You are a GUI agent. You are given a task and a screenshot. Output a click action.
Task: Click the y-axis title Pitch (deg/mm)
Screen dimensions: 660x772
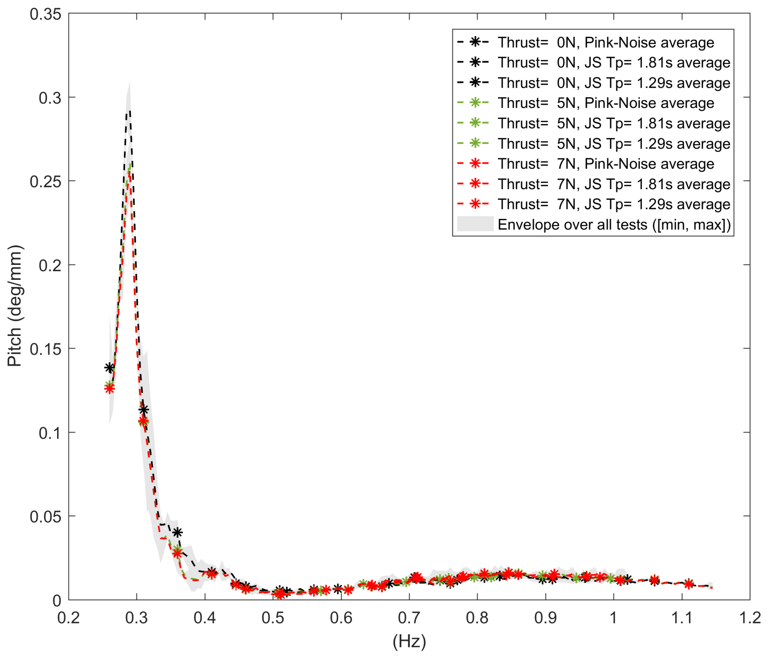pos(15,306)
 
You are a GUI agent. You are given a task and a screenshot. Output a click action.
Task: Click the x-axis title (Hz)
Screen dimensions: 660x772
pos(409,641)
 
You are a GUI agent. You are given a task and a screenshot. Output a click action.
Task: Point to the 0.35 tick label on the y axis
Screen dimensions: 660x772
pos(45,14)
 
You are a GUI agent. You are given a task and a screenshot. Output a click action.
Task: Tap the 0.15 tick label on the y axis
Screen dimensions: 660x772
pos(45,349)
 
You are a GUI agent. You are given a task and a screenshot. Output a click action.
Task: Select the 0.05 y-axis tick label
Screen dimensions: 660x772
pos(45,517)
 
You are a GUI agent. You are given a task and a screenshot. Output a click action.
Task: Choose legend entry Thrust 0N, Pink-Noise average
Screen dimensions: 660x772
pos(606,42)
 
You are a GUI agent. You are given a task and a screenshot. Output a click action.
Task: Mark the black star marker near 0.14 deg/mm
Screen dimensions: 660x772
pos(109,368)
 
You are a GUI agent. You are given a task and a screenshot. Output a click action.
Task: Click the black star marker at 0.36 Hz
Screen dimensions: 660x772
pos(178,533)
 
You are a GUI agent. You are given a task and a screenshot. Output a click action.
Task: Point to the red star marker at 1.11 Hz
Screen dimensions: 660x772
pos(689,584)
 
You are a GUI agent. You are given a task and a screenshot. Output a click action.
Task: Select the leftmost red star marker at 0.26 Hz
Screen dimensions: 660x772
pos(109,388)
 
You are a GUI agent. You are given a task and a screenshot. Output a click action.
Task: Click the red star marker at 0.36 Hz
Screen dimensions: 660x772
pos(177,554)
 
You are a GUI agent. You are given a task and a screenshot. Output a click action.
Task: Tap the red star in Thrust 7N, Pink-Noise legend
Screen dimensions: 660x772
pos(475,163)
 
